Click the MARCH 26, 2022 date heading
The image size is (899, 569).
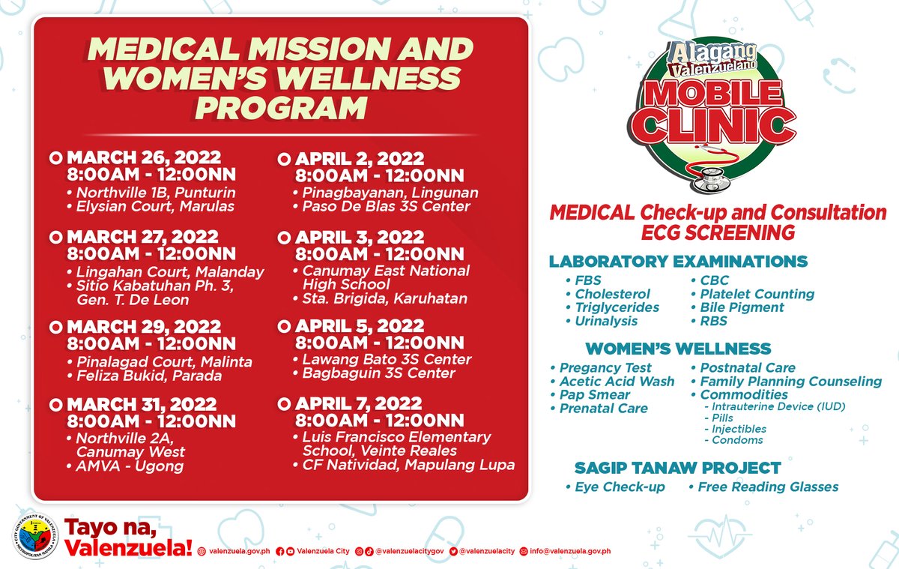pos(144,158)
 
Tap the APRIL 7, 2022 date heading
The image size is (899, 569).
pos(359,404)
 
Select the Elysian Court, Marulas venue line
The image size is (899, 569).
pos(155,206)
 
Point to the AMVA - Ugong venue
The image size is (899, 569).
pos(130,466)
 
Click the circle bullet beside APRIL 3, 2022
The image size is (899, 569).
pos(284,238)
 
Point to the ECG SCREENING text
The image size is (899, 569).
pos(717,233)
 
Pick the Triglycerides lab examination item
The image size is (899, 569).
pos(617,307)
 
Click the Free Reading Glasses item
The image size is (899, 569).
pos(768,487)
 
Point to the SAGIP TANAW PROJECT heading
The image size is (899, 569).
pos(677,469)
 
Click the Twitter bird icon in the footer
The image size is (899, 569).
pos(454,551)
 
